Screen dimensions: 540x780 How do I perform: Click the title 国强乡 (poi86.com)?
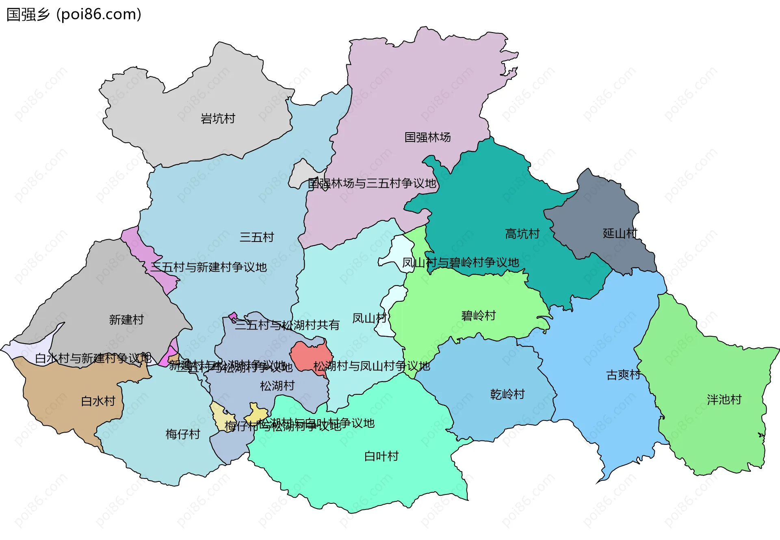[x=74, y=14]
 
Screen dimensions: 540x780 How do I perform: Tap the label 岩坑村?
[x=218, y=119]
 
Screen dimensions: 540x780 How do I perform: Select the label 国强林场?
[x=427, y=137]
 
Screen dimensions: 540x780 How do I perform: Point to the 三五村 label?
[x=257, y=237]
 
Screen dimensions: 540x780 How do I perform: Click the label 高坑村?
[x=522, y=234]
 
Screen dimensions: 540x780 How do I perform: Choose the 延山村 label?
[x=620, y=233]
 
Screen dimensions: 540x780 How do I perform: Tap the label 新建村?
[x=126, y=320]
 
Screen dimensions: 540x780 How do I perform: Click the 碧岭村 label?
[x=479, y=316]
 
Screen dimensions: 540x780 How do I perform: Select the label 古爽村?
[x=623, y=375]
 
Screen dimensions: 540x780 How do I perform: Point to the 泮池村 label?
[x=724, y=400]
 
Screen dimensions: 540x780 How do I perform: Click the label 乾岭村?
[x=507, y=394]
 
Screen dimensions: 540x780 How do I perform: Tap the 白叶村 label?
[x=381, y=456]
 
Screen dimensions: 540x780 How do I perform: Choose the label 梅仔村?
[x=183, y=434]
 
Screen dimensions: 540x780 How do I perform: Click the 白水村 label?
[x=98, y=401]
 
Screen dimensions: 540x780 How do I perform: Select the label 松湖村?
[x=277, y=385]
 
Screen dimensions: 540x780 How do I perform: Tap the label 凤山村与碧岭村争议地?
[x=460, y=263]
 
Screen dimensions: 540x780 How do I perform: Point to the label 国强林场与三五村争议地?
[x=372, y=183]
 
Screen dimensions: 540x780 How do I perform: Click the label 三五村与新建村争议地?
[x=208, y=267]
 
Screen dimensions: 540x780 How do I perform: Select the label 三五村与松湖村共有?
[x=287, y=325]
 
